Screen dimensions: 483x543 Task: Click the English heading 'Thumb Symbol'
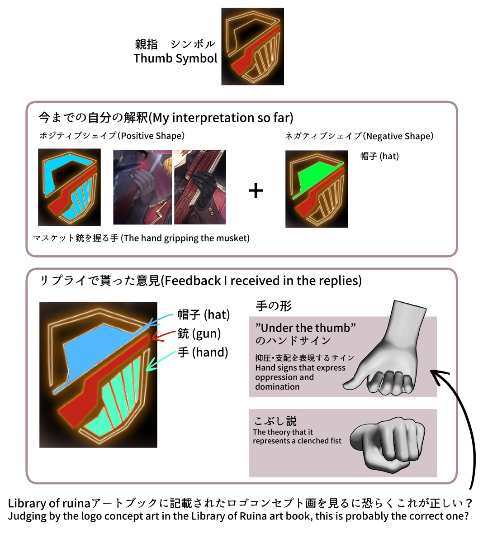[x=175, y=59]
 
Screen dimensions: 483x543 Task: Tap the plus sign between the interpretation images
[x=256, y=191]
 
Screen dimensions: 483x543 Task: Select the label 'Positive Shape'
[x=152, y=136]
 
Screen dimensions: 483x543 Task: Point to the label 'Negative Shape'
[x=400, y=136]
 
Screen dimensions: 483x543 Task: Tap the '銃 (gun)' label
[x=199, y=333]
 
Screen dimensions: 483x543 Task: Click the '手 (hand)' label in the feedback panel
[x=203, y=352]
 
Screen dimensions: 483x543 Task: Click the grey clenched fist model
[x=388, y=445]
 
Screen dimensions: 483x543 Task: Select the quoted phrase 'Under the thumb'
[x=305, y=328]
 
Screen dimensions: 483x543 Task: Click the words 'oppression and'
[x=284, y=377]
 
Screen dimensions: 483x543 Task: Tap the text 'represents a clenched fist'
[x=297, y=441]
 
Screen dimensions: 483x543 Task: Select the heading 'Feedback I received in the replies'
[x=262, y=281]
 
